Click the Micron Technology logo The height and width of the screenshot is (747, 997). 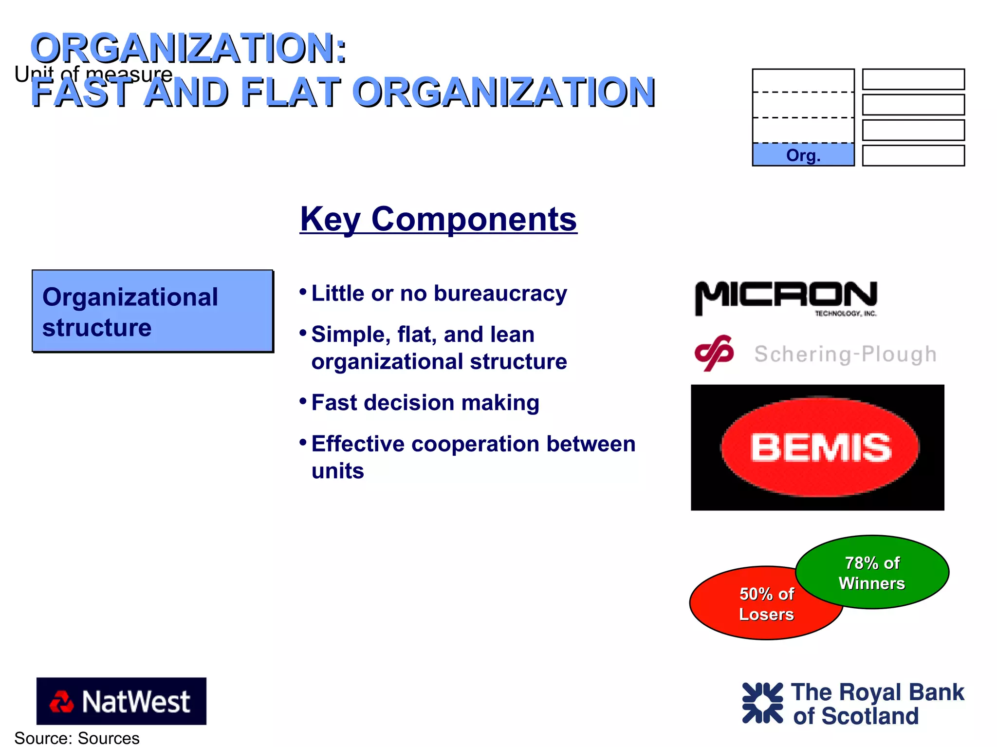(786, 297)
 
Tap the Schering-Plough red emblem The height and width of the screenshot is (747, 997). (714, 353)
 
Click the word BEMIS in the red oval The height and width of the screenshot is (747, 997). (821, 448)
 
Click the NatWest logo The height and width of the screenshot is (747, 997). (121, 701)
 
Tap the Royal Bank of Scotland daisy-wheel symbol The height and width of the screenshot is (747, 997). (762, 703)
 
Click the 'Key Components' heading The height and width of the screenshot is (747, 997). (438, 219)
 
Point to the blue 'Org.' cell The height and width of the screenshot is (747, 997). (803, 155)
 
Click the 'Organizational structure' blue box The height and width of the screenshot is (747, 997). (152, 311)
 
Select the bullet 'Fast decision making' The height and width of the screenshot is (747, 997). (425, 403)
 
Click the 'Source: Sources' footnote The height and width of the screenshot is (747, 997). (77, 738)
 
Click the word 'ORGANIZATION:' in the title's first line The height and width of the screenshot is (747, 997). (188, 48)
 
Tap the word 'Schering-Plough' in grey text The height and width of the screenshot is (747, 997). (845, 354)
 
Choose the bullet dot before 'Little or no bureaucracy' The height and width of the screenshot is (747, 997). (303, 292)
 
